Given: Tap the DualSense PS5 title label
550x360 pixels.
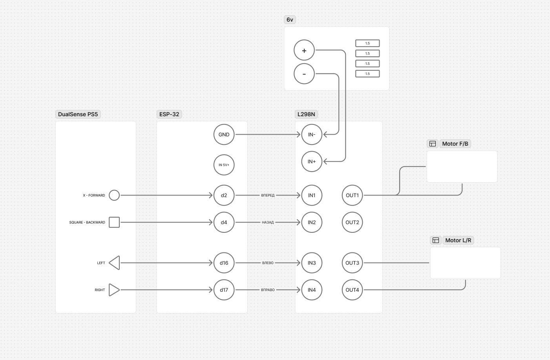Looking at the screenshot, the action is coord(78,114).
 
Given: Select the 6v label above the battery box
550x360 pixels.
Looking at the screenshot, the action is coord(290,20).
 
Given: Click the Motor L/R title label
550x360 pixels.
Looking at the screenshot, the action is coord(458,240).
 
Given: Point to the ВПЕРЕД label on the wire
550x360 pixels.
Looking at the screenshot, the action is coord(268,195).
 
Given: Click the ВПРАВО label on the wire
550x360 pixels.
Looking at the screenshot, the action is coord(268,290).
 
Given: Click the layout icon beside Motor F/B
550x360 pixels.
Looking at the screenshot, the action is coord(433,144).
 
